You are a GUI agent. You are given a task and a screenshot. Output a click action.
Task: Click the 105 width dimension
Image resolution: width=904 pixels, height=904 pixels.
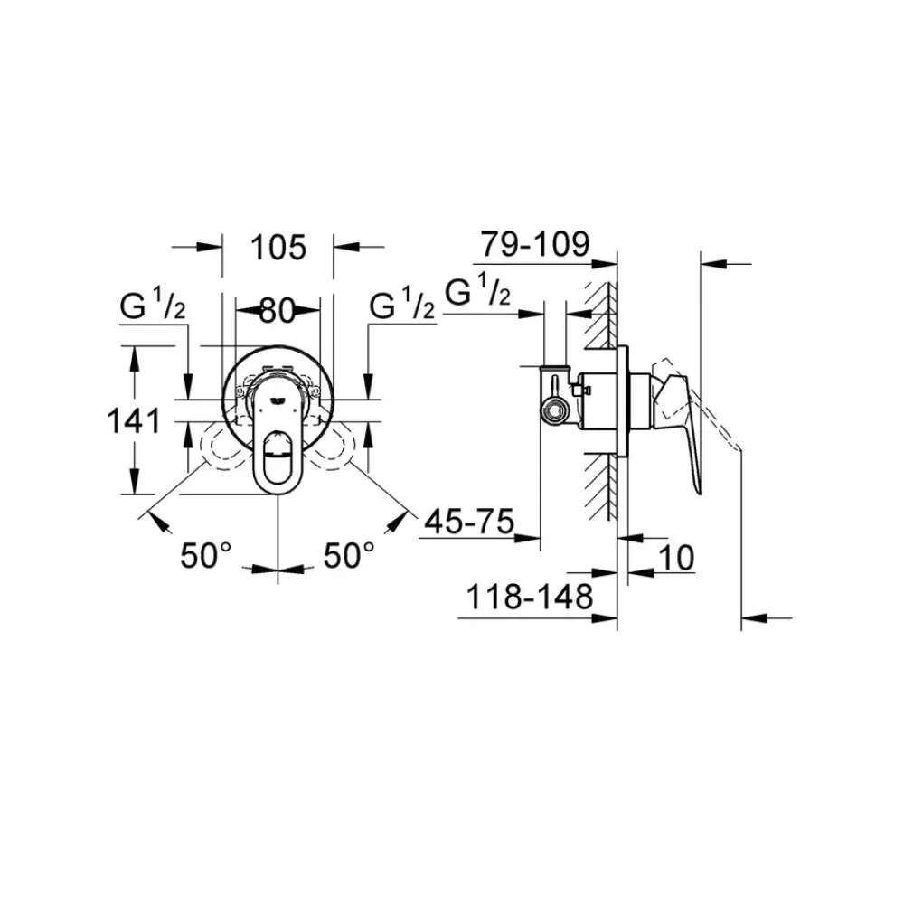[x=278, y=247]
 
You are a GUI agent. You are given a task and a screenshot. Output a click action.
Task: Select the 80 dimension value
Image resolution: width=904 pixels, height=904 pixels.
[x=278, y=311]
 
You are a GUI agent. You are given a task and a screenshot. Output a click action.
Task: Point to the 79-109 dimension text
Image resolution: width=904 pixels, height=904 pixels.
[x=534, y=244]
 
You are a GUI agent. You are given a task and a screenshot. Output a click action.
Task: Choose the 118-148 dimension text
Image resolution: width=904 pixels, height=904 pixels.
[x=529, y=597]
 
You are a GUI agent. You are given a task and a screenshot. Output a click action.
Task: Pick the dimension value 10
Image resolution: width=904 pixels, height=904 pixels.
[x=675, y=558]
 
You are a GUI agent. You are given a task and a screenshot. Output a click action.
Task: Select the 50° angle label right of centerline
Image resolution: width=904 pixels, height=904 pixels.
[x=350, y=555]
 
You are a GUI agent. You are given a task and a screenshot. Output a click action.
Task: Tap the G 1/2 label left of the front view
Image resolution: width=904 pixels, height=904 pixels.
[x=153, y=308]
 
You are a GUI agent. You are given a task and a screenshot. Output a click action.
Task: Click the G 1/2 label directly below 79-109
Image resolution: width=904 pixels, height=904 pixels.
[x=479, y=294]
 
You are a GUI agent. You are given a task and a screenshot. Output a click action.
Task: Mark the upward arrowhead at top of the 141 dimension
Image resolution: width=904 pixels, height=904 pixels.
[x=137, y=356]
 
